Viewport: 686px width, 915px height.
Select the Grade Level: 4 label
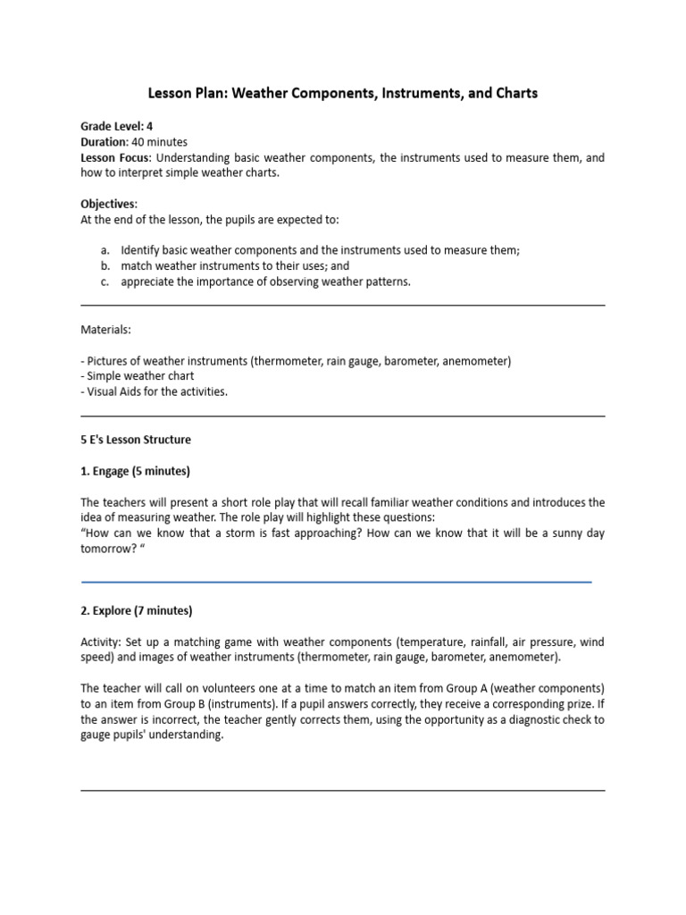pyautogui.click(x=110, y=127)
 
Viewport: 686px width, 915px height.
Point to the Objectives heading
pyautogui.click(x=109, y=204)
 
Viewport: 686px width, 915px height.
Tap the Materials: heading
pyautogui.click(x=106, y=330)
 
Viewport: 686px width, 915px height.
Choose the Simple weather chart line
pyautogui.click(x=137, y=376)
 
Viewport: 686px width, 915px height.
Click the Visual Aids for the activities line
pyautogui.click(x=154, y=391)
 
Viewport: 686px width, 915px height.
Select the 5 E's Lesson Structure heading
pyautogui.click(x=136, y=440)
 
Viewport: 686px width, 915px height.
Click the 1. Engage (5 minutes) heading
pyautogui.click(x=136, y=471)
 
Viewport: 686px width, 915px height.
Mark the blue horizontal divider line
pyautogui.click(x=336, y=582)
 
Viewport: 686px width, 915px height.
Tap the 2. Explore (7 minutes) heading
pyautogui.click(x=137, y=611)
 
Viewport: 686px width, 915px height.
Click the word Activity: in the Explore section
pyautogui.click(x=103, y=642)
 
